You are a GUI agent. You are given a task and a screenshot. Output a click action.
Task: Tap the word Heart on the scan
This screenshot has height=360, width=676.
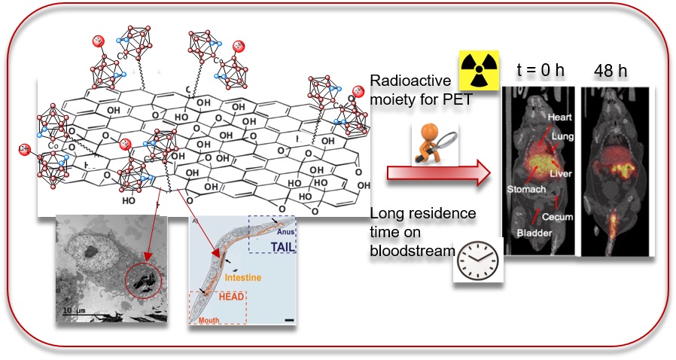click(560, 117)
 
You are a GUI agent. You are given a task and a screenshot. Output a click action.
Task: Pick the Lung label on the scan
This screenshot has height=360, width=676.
click(563, 136)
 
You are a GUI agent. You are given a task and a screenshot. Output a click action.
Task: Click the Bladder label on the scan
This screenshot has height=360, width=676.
click(534, 234)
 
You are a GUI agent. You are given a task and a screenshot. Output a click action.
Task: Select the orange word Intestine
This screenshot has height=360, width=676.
click(242, 278)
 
